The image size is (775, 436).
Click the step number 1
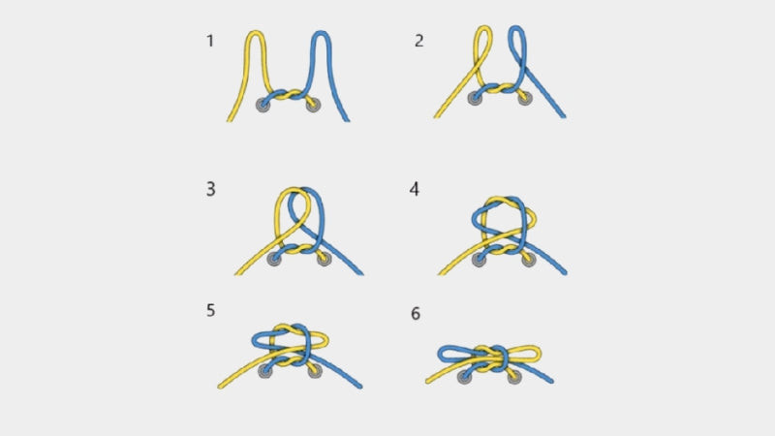click(210, 41)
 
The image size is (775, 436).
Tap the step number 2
click(419, 41)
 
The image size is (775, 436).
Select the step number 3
click(210, 189)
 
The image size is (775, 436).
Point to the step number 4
click(415, 189)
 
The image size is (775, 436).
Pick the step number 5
click(210, 310)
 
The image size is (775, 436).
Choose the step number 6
click(416, 313)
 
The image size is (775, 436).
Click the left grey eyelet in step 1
click(263, 105)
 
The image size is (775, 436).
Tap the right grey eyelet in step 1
click(313, 105)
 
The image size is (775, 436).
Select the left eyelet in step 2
click(475, 98)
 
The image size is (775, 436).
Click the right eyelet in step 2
click(525, 98)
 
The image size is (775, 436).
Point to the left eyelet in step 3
click(274, 259)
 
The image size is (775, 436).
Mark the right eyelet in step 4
click(528, 260)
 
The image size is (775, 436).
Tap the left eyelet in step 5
click(265, 371)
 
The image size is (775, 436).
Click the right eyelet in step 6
click(514, 377)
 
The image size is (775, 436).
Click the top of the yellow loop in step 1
click(255, 33)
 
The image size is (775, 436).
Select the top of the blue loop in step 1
click(321, 33)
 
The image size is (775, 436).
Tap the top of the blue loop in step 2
click(516, 28)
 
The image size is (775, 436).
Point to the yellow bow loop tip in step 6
click(540, 353)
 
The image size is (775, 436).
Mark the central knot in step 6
click(491, 358)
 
